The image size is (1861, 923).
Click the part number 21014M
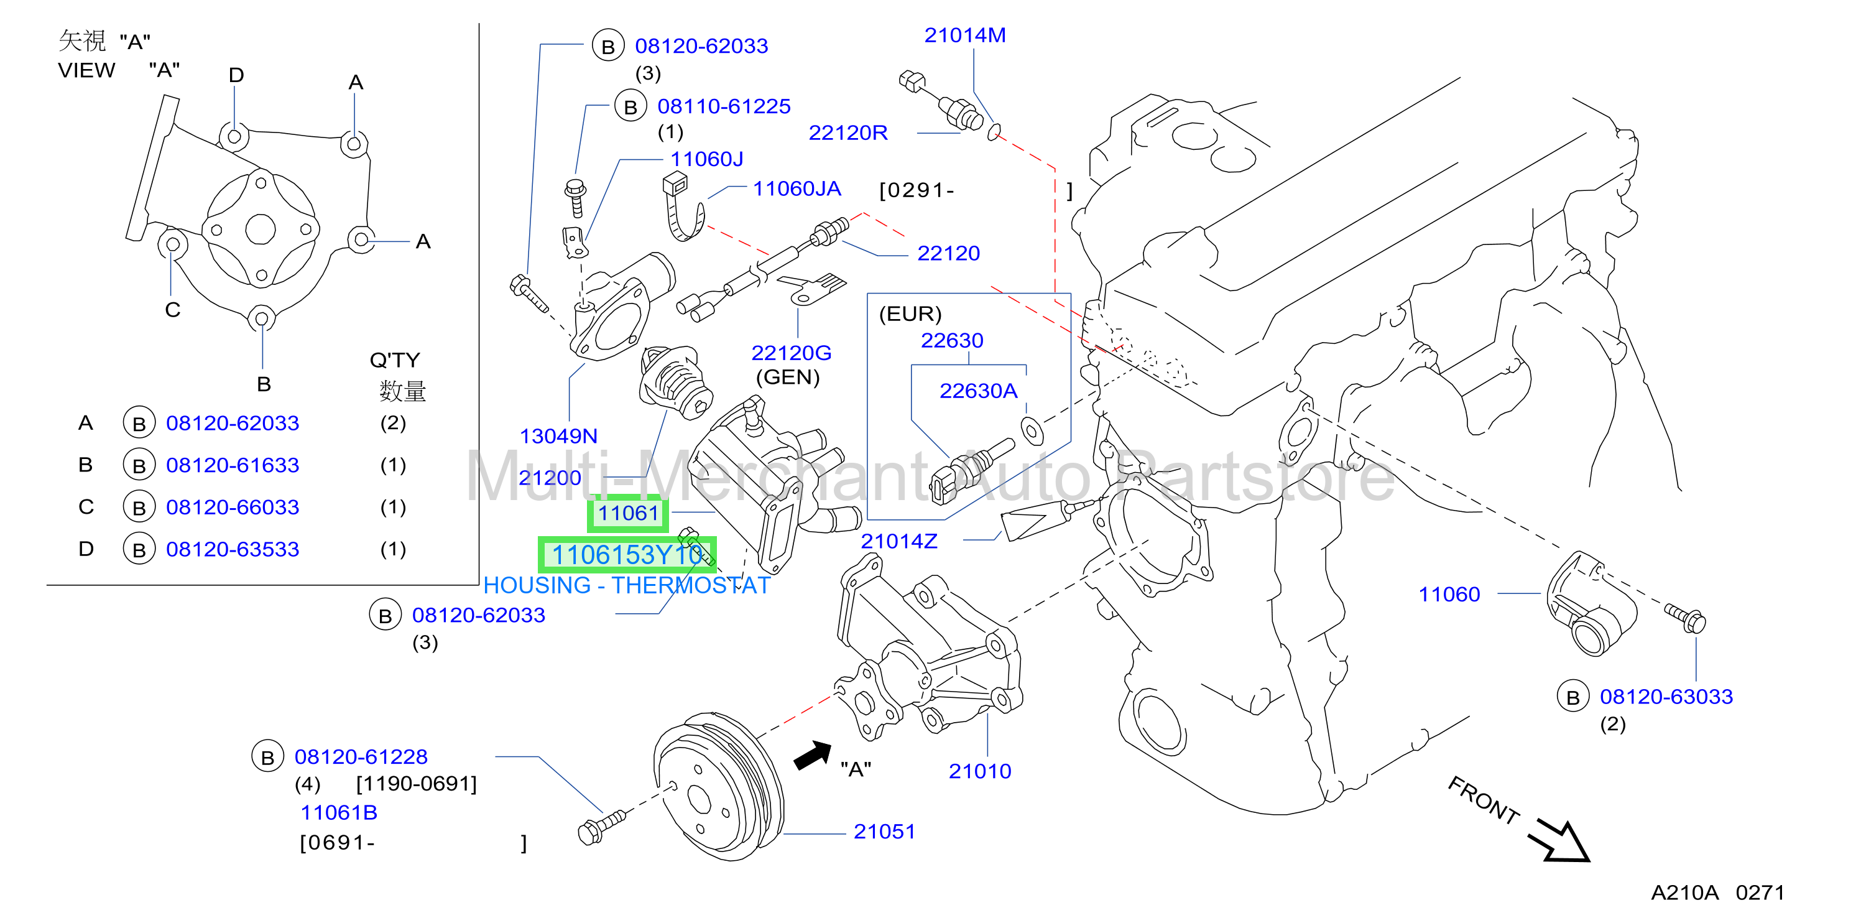click(x=964, y=35)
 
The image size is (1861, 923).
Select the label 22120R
click(x=847, y=133)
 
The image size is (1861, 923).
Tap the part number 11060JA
click(x=797, y=188)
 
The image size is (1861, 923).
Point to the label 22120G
click(x=791, y=353)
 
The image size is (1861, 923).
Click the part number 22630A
click(x=978, y=391)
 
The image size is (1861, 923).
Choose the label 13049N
click(x=558, y=437)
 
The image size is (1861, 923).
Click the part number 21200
click(x=550, y=478)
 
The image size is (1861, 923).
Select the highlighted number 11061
click(x=628, y=513)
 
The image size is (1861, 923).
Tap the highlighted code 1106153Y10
click(x=627, y=555)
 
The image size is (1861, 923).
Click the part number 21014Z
click(x=898, y=541)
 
